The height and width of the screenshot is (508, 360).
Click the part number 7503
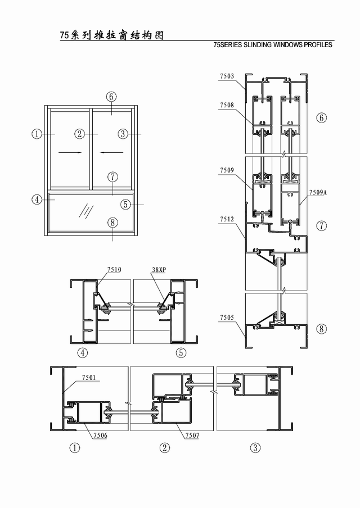227,76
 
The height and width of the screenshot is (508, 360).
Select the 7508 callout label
227,105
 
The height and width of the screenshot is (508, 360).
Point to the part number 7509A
318,192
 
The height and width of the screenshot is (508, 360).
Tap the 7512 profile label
227,219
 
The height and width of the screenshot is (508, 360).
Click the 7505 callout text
227,317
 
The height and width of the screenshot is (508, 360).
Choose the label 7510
114,270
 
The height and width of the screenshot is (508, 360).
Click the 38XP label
159,270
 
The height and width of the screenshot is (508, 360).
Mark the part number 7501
89,378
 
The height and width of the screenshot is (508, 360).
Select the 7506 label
100,436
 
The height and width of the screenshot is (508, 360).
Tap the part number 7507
192,436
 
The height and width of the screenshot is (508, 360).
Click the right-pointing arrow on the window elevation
70,152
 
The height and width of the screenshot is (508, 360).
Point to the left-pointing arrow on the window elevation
111,152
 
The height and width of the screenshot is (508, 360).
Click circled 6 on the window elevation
111,97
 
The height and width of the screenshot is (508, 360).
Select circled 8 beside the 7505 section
321,329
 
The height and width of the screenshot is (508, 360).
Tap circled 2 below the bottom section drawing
165,448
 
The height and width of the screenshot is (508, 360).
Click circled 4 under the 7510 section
82,352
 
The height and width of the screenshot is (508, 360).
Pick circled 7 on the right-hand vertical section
321,226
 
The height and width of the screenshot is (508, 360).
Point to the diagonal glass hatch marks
86,211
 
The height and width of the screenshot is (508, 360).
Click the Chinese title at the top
112,35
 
